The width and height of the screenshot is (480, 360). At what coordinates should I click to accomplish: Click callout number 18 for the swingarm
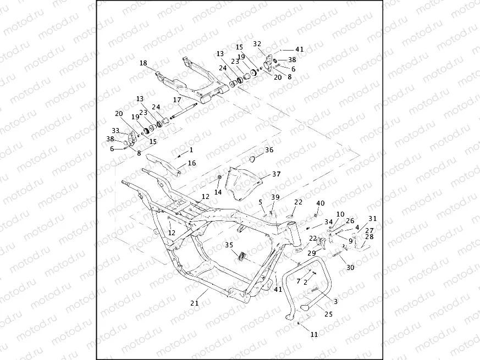[x=143, y=63]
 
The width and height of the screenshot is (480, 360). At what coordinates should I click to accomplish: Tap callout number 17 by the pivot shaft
[x=177, y=100]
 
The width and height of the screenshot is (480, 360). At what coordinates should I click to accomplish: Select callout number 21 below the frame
[x=194, y=303]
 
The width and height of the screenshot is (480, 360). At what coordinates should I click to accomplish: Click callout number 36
[x=269, y=149]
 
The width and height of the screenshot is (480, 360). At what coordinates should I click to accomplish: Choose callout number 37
[x=276, y=174]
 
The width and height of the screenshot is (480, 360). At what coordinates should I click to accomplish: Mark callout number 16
[x=192, y=163]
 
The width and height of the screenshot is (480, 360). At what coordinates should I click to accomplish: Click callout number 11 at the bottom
[x=314, y=334]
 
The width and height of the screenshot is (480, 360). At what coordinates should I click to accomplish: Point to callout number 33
[x=115, y=130]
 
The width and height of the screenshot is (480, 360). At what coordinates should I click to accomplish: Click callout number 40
[x=321, y=203]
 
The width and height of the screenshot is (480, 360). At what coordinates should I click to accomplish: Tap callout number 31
[x=373, y=218]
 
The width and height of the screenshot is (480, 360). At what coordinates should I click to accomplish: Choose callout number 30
[x=350, y=267]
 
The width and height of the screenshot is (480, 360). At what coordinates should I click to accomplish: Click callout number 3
[x=335, y=302]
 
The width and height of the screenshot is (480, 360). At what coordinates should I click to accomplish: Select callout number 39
[x=275, y=197]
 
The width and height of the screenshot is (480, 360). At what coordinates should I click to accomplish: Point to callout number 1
[x=191, y=149]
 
